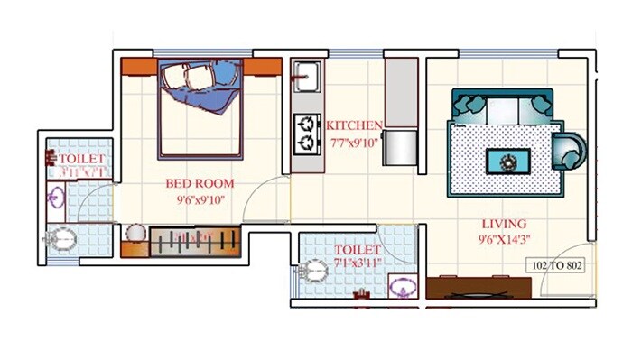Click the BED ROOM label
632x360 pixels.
tap(193, 184)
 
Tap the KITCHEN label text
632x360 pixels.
tap(354, 125)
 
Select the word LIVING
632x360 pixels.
tap(504, 224)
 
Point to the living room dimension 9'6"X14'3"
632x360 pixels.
tap(504, 240)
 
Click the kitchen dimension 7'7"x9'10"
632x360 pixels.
tap(354, 141)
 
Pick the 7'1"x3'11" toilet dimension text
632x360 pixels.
tap(358, 263)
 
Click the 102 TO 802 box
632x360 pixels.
tap(556, 267)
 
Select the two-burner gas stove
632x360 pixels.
tap(307, 132)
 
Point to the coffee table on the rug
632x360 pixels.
tap(507, 162)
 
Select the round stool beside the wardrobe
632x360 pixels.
tap(135, 234)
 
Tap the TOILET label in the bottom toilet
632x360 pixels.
tap(358, 249)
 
